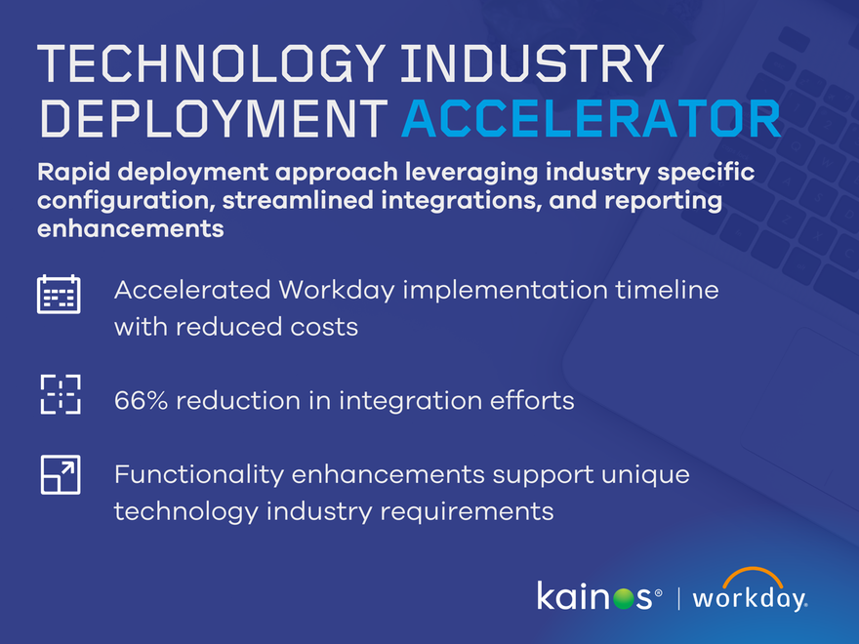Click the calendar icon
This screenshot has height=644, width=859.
click(x=59, y=294)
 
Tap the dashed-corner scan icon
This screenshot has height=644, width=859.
click(x=60, y=394)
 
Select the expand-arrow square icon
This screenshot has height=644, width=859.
click(x=60, y=474)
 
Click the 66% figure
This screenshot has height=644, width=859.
click(x=141, y=400)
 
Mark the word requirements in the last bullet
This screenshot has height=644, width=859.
click(x=471, y=511)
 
